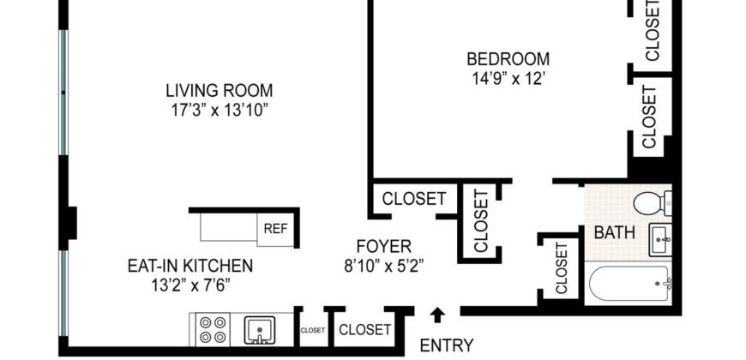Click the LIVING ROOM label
[219, 90]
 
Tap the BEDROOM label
[508, 59]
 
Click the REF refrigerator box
[275, 229]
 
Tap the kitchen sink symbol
[258, 329]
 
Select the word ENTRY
[446, 345]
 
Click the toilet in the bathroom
[653, 203]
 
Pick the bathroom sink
[660, 238]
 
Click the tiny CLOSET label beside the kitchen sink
[312, 329]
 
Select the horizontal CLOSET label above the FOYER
[414, 199]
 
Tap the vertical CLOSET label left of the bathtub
[562, 269]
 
